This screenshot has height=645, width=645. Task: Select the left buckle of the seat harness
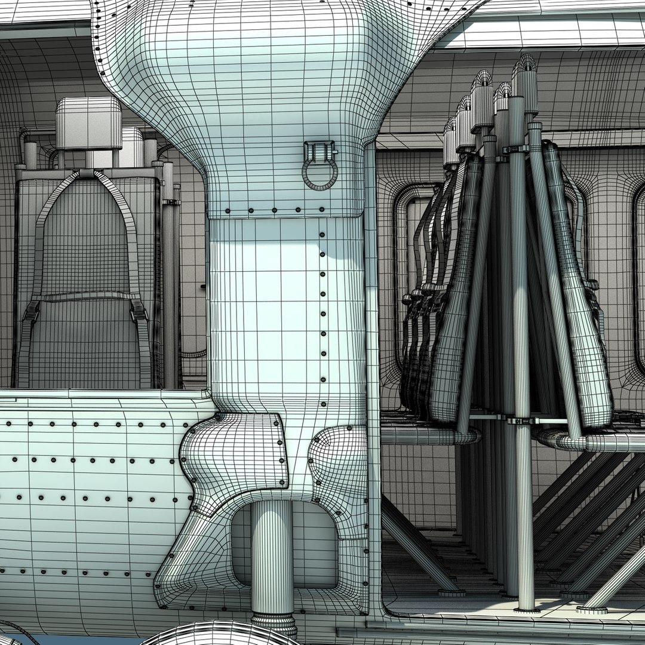(x=32, y=311)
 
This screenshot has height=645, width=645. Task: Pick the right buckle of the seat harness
(x=139, y=310)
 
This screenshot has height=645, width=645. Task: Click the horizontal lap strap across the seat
(x=87, y=297)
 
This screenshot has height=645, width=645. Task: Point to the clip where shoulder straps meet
(x=87, y=173)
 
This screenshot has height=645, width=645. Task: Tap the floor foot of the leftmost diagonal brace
(x=451, y=591)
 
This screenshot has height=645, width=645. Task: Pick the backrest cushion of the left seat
(x=87, y=239)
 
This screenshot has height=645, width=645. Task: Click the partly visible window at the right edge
(x=639, y=275)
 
